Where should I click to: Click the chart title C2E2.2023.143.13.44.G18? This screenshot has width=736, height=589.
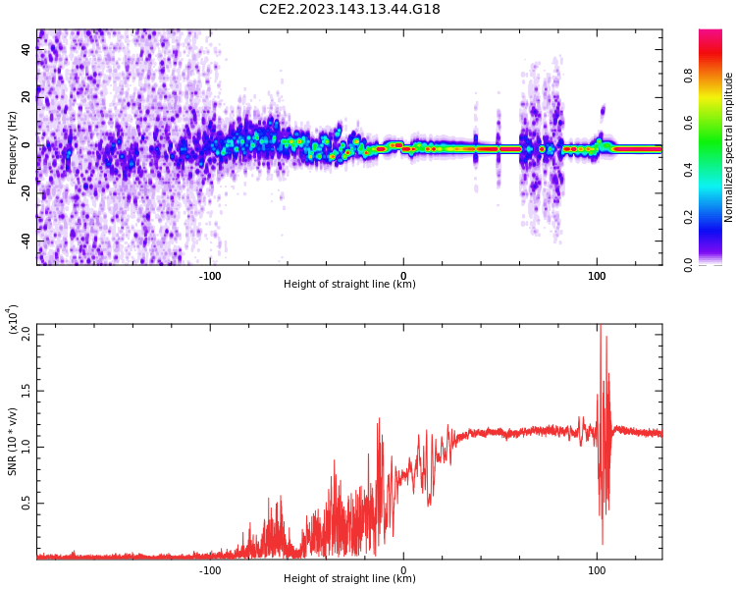349,9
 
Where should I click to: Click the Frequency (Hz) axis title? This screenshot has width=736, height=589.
13,147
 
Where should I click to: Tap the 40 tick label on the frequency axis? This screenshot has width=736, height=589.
26,49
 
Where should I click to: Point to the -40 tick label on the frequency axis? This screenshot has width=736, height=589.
26,241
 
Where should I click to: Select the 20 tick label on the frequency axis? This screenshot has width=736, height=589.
26,97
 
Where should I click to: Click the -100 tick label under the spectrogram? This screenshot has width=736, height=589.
210,276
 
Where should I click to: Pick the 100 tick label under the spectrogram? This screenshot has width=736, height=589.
597,276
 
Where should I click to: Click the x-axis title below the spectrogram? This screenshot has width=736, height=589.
349,285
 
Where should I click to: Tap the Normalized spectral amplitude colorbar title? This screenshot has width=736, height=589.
729,147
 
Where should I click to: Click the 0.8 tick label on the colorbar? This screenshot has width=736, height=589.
716,75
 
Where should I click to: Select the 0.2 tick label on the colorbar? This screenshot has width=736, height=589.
716,217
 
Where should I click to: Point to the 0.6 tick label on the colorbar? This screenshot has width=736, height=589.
716,123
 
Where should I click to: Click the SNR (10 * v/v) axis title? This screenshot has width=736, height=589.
13,442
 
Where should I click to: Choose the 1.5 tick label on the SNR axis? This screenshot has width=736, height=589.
26,390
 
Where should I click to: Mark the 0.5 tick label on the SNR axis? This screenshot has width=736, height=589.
26,504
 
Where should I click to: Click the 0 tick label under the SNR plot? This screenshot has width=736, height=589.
403,570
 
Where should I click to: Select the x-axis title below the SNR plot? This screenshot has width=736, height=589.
349,579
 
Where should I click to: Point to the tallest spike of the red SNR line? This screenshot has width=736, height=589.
601,328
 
